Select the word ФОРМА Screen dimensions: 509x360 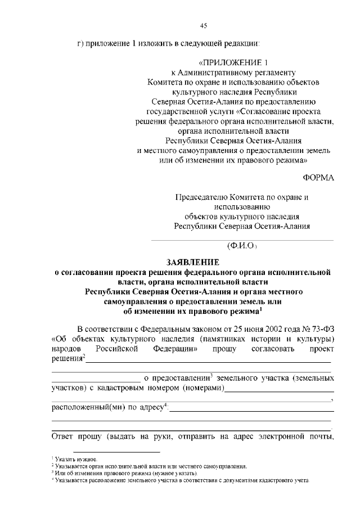(x=318, y=178)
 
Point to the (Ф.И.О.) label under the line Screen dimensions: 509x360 (x=242, y=246)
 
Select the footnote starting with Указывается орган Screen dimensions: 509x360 (x=152, y=467)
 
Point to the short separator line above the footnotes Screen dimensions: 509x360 (x=106, y=452)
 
